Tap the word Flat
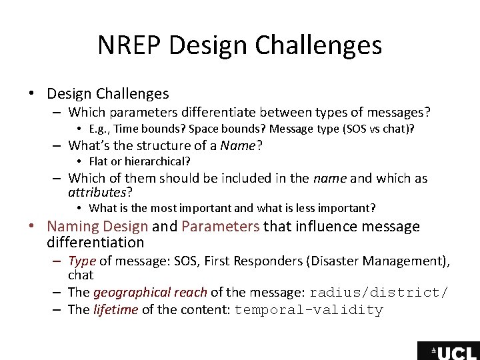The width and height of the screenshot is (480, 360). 99,161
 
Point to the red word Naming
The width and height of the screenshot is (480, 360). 73,227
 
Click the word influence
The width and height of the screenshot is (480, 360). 324,227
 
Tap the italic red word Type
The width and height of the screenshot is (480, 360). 82,261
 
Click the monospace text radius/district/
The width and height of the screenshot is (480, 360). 379,293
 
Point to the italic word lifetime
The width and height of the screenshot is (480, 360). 115,309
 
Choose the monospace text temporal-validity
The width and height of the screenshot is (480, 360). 309,310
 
